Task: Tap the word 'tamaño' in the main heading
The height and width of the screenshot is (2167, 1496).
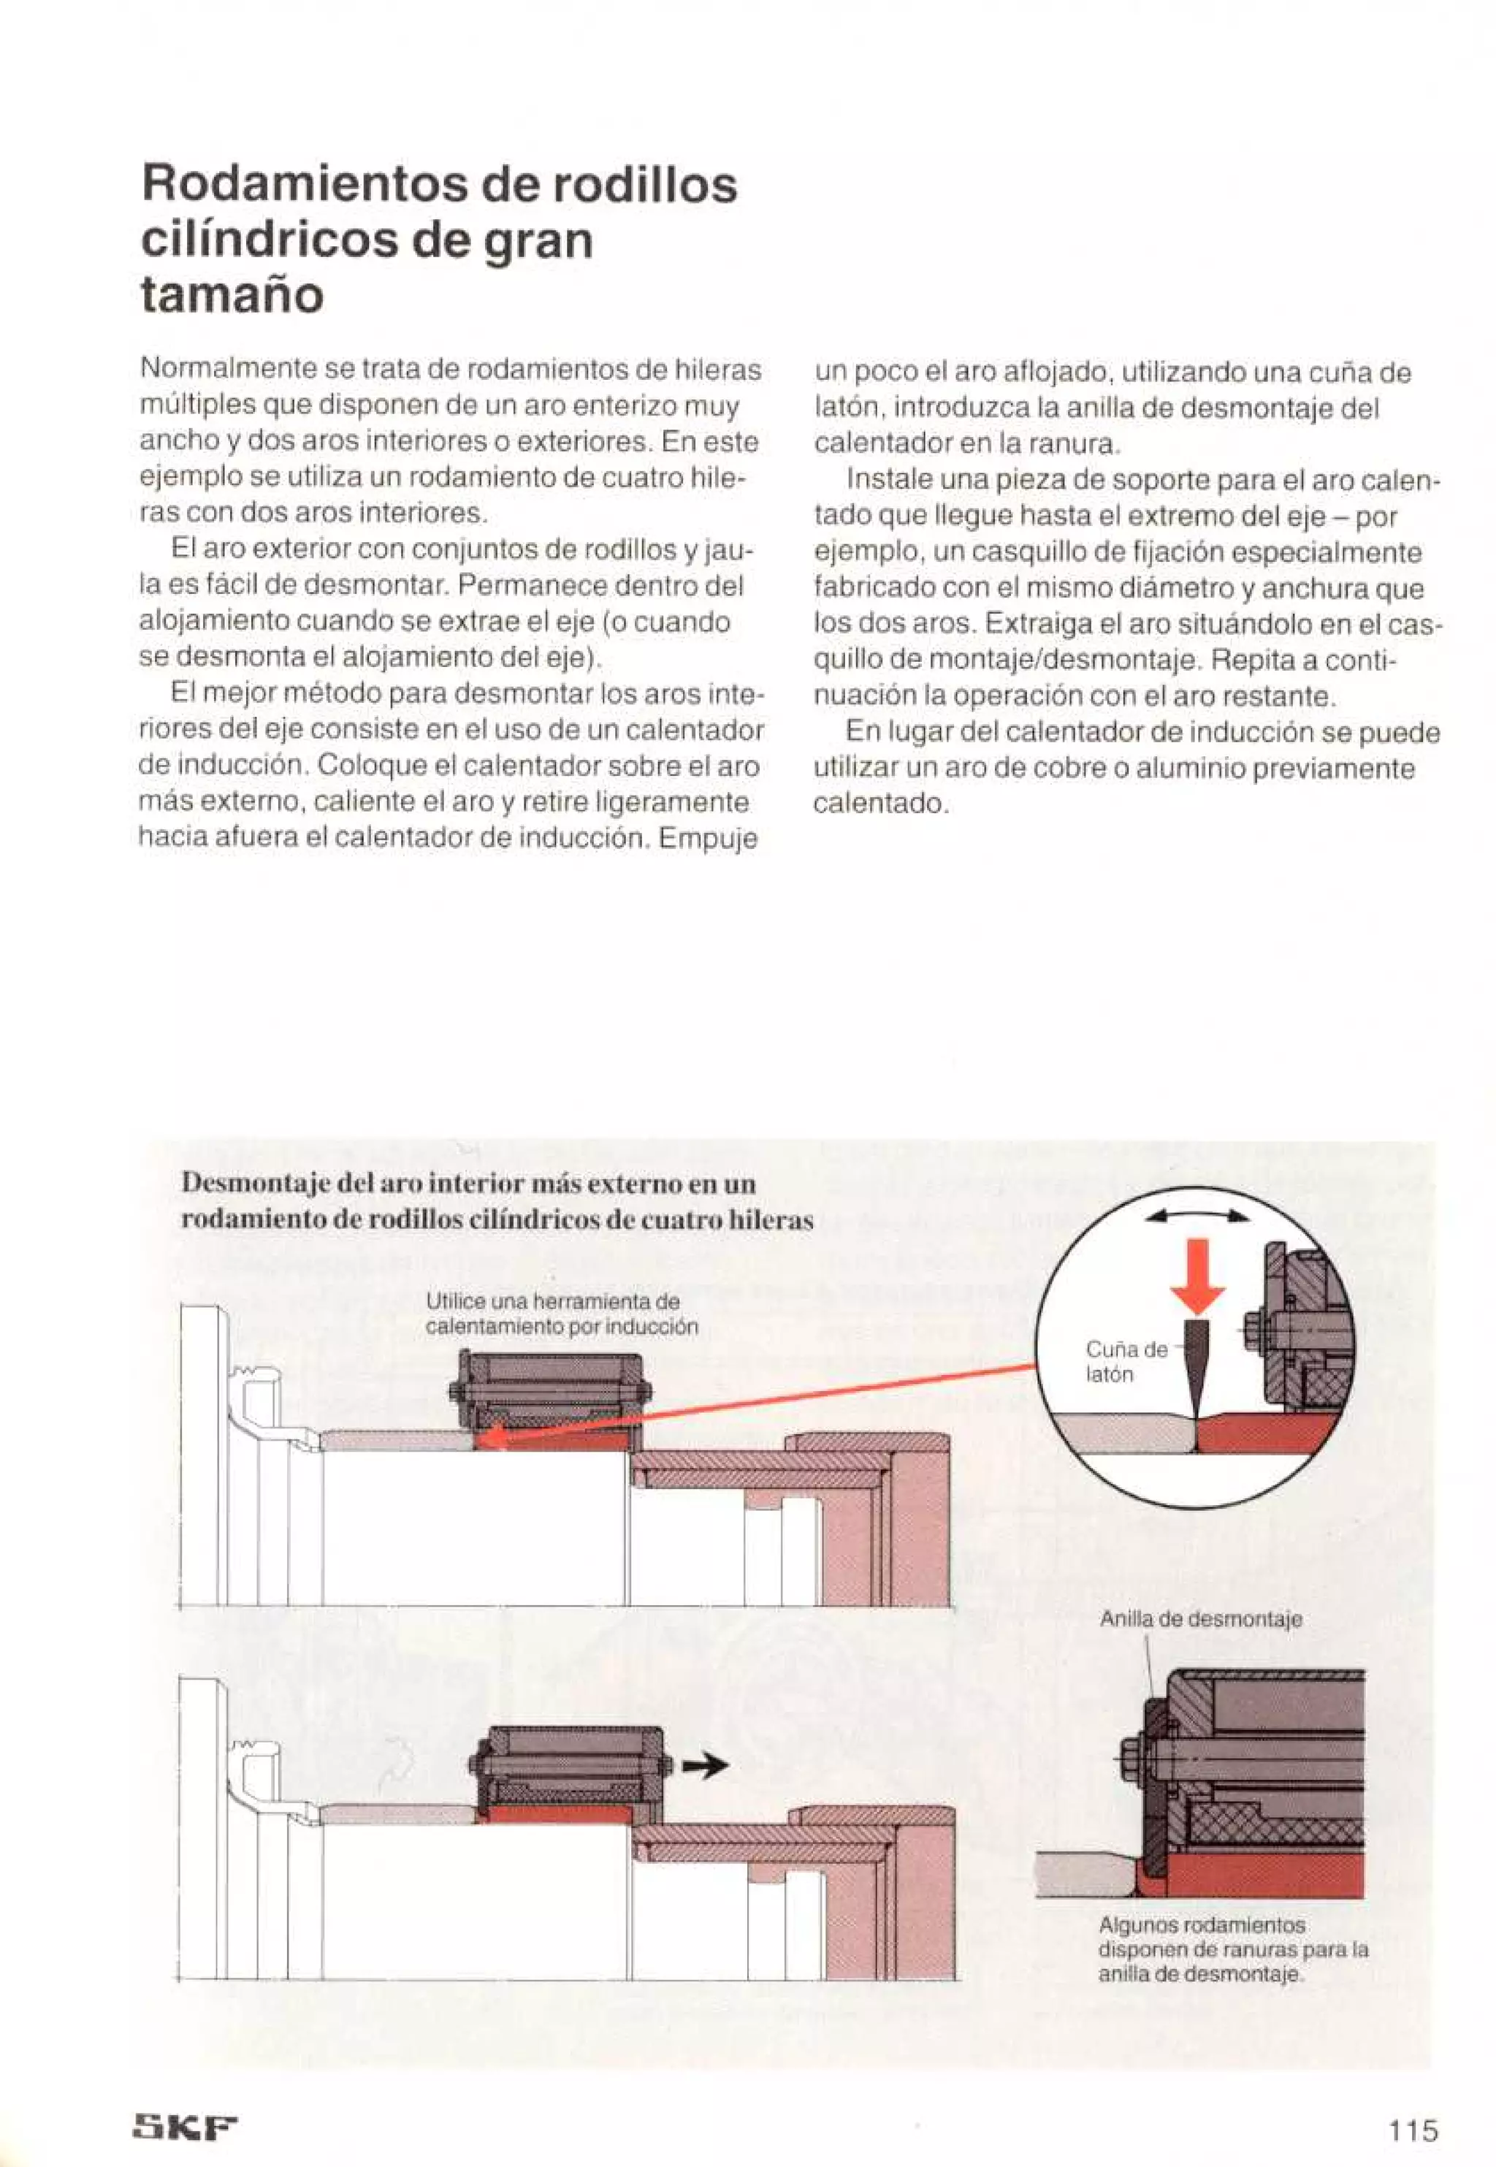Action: pos(232,295)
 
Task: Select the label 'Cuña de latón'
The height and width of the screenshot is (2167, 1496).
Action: pos(1125,1361)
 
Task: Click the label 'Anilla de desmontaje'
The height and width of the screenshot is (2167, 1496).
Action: pos(1201,1619)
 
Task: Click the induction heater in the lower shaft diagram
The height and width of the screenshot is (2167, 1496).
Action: pos(570,1762)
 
